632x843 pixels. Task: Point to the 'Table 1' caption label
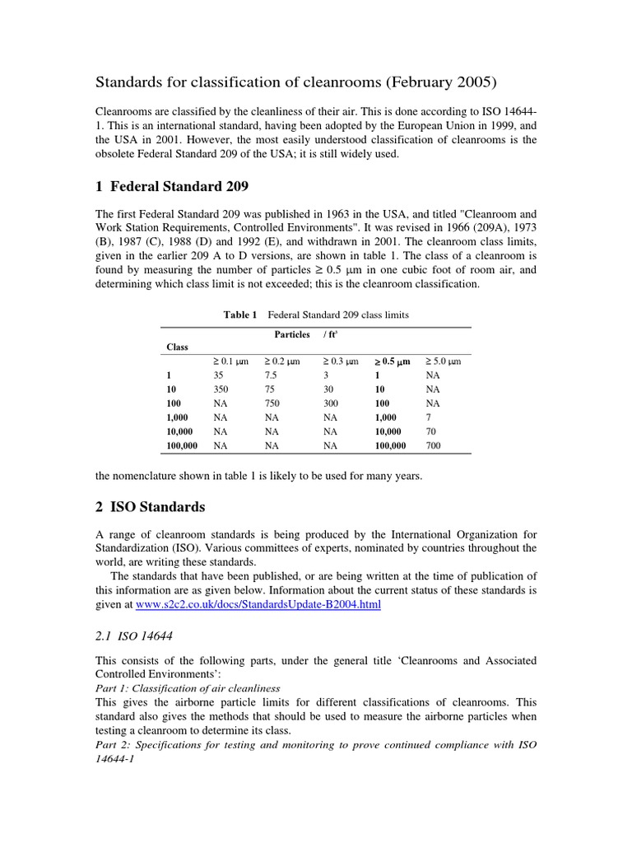tap(240, 314)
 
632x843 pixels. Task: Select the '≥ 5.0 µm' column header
tap(443, 361)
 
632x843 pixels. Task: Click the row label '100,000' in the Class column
tap(182, 445)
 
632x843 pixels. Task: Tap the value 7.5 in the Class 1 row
tap(272, 375)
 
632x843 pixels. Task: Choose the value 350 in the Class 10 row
tap(221, 389)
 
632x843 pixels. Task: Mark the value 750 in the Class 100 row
tap(272, 403)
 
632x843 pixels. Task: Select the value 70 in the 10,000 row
tap(431, 431)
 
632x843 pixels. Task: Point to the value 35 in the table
tap(219, 375)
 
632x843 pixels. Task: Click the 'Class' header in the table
tap(177, 347)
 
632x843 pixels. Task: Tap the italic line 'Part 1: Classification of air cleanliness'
tap(188, 688)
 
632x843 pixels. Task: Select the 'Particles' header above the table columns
tap(291, 334)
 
